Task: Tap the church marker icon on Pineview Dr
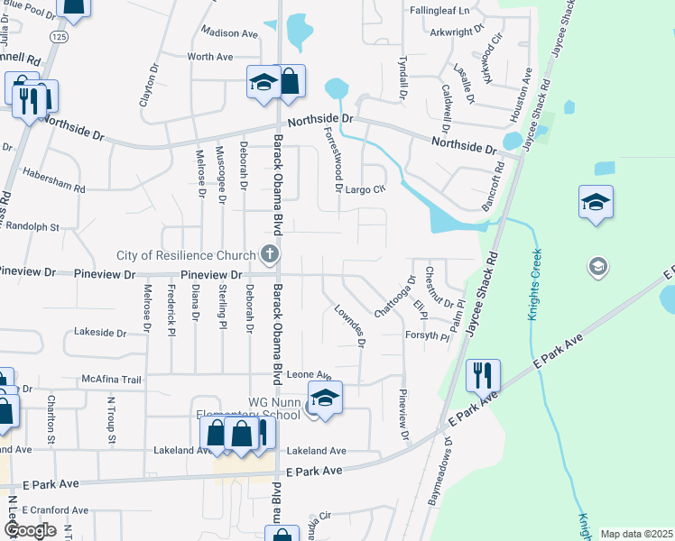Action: pos(269,254)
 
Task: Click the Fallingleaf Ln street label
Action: pos(440,11)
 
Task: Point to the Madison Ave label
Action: pos(229,33)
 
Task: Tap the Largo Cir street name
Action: pos(366,189)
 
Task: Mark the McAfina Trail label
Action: pos(112,380)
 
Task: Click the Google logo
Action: pos(30,530)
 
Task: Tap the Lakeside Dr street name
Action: pos(107,333)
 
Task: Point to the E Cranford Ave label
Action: pos(56,509)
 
